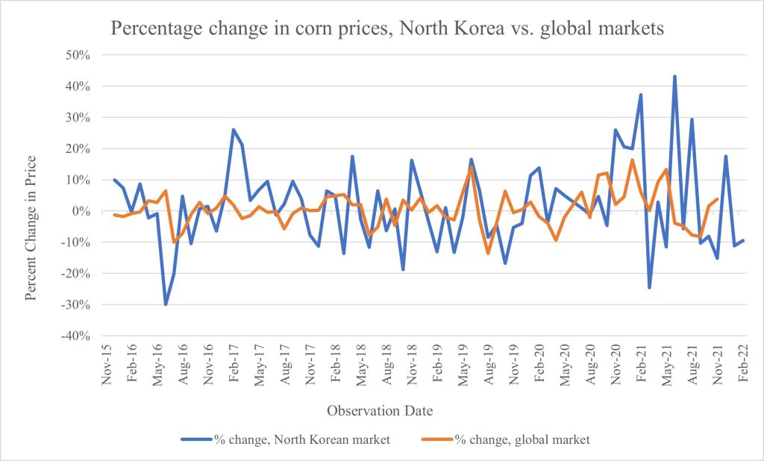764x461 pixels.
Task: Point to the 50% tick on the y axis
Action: coord(76,55)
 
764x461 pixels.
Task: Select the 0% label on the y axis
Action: coord(80,211)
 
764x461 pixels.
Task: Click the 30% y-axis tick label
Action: coord(76,118)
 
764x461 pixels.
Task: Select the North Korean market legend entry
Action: coord(285,439)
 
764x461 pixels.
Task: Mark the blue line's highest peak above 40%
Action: coord(674,76)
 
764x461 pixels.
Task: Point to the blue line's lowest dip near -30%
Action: coord(166,304)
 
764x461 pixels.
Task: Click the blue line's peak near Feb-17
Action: coord(233,130)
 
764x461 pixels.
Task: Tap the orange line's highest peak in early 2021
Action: coord(632,160)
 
